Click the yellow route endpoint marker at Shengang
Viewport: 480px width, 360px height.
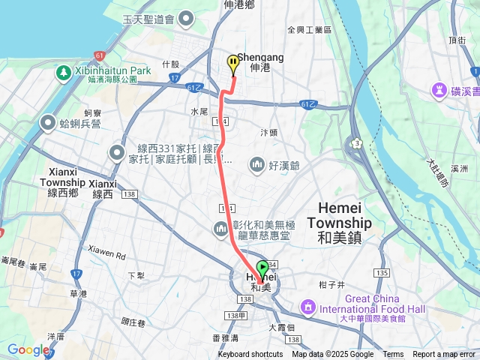tap(233, 64)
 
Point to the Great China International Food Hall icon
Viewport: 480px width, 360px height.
tap(307, 307)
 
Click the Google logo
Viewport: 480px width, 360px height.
tap(28, 349)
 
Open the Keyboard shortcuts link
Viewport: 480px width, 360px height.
tap(250, 355)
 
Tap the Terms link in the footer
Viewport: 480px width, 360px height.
tap(393, 355)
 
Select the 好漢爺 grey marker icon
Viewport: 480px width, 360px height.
tap(257, 163)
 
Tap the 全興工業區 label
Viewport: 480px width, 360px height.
tap(309, 30)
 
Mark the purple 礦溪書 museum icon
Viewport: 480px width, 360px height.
tap(439, 90)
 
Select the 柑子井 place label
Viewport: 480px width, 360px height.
tap(331, 285)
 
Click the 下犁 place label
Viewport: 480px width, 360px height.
tap(136, 275)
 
